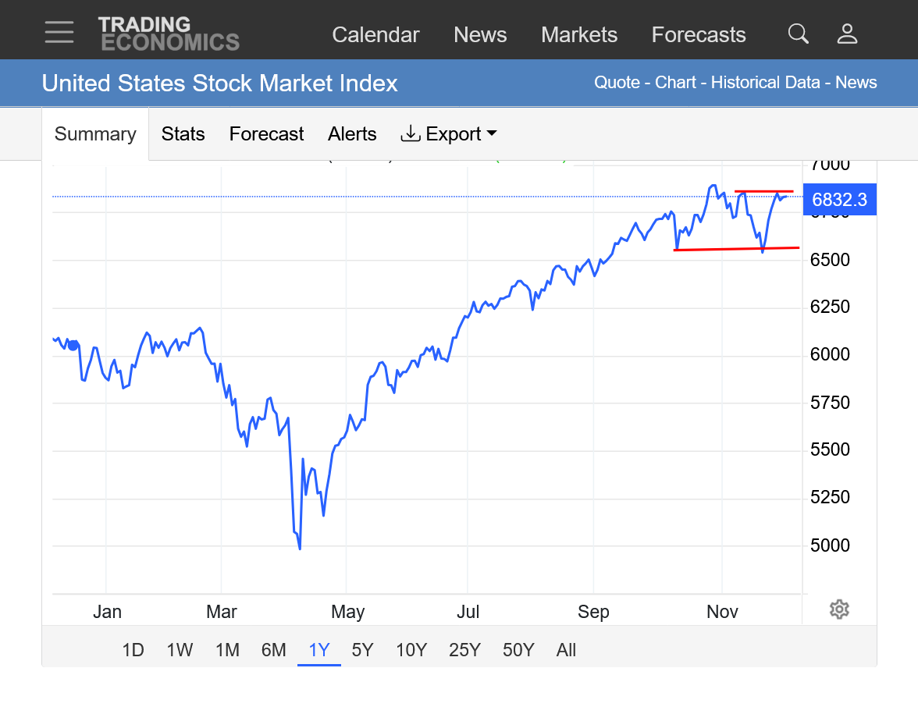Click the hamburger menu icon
[x=59, y=32]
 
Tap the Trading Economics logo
[x=169, y=34]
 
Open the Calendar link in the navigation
[x=375, y=35]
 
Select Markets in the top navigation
[x=579, y=35]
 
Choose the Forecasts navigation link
[x=699, y=35]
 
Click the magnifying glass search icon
[x=798, y=34]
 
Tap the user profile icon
[x=847, y=34]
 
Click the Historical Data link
[x=765, y=83]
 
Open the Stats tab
[x=183, y=134]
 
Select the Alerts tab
[x=352, y=134]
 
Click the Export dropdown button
[x=449, y=134]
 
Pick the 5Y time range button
[x=362, y=650]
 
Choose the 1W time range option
[x=180, y=650]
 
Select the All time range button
[x=566, y=650]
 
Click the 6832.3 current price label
[x=839, y=200]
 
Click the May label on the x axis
[x=347, y=612]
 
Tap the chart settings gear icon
[x=839, y=609]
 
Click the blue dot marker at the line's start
[x=73, y=345]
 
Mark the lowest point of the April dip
[x=300, y=549]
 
